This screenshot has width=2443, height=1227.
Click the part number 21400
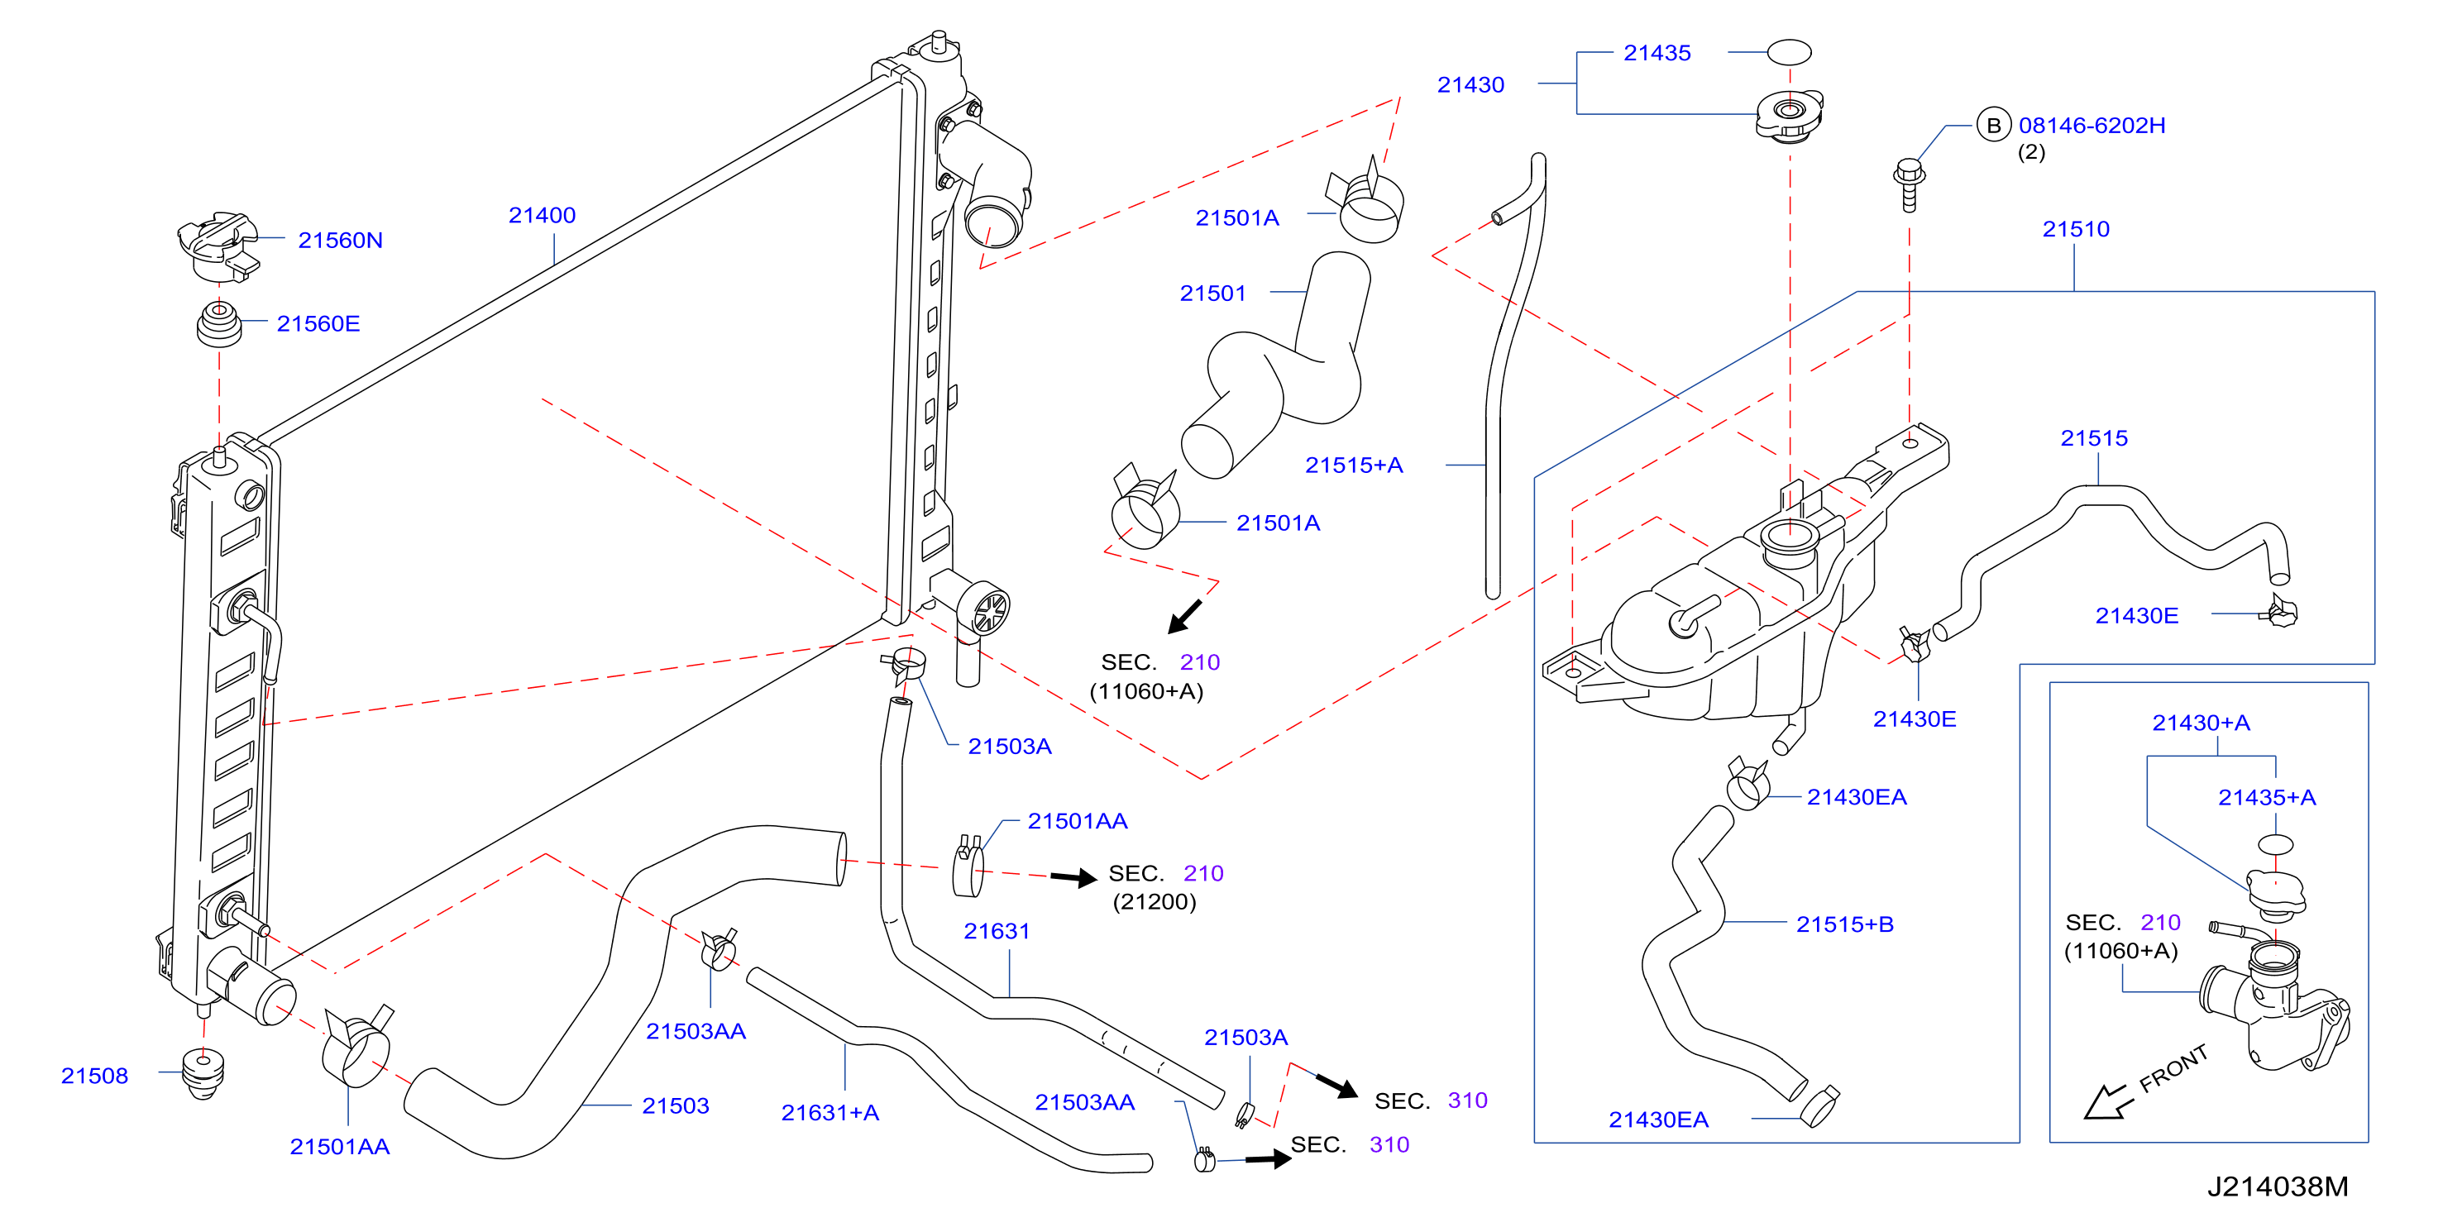coord(542,215)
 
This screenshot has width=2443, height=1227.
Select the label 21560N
coord(341,240)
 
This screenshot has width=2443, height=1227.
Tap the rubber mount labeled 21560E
coord(219,323)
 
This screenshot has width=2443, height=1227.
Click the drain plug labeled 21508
coord(202,1072)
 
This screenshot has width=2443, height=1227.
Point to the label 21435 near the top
coord(1657,53)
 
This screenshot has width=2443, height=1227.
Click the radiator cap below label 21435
coord(1789,116)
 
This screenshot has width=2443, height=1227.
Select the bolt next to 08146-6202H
coord(1908,185)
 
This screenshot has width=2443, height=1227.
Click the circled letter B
coord(1993,125)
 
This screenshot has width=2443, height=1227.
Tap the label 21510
coord(2076,230)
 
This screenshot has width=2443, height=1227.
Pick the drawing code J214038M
coord(2278,1186)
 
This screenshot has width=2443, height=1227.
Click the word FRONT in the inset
coord(2173,1068)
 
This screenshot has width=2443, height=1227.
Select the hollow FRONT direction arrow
coord(2107,1103)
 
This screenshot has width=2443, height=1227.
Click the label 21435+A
coord(2267,797)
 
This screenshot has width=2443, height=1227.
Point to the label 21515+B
coord(1844,924)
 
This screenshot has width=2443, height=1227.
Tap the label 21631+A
coord(829,1112)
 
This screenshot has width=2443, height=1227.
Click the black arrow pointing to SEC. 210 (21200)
coord(1073,877)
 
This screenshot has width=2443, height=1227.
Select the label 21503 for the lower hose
coord(675,1105)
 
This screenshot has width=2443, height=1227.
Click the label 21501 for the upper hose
coord(1212,293)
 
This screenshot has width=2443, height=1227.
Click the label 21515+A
coord(1353,465)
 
